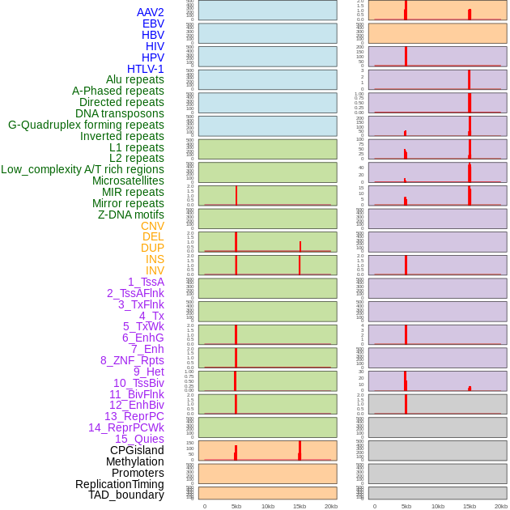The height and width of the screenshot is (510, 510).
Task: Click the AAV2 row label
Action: click(150, 12)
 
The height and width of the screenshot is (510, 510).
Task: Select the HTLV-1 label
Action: click(145, 69)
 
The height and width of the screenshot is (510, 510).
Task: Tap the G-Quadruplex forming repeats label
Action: click(86, 125)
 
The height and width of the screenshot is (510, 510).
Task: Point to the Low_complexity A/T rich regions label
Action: click(82, 169)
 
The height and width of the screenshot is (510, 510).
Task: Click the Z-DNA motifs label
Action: click(130, 215)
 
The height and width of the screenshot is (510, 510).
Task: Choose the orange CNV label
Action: click(152, 226)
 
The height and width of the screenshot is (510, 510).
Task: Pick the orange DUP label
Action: click(152, 248)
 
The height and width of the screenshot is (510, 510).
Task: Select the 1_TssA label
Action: click(146, 282)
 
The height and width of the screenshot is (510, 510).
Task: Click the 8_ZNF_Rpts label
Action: click(132, 360)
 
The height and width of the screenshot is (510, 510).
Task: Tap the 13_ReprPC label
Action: click(134, 416)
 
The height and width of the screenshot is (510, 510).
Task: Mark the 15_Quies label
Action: click(138, 439)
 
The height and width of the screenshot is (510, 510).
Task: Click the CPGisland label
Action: click(137, 450)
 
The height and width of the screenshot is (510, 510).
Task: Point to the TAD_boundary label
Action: click(125, 495)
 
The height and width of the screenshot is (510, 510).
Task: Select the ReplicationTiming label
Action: click(119, 484)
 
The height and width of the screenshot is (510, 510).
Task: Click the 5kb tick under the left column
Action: click(236, 506)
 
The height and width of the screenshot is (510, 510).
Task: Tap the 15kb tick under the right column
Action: click(469, 506)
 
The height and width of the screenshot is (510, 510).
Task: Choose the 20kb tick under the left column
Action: click(330, 506)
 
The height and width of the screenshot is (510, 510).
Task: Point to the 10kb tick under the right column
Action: click(437, 506)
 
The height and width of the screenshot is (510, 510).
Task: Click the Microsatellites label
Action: click(128, 181)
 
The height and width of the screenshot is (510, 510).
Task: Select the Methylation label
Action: click(134, 461)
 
